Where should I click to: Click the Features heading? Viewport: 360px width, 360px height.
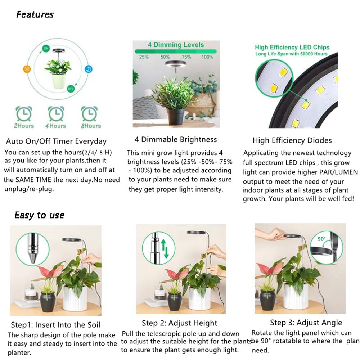point(35,14)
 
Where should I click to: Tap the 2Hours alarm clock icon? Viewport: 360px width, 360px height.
point(24,113)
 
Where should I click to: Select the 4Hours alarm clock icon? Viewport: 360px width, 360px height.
point(55,113)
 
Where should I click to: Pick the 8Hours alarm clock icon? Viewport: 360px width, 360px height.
point(89,113)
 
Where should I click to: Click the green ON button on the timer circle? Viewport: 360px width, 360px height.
point(46,48)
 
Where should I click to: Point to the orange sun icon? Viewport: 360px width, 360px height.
point(27,69)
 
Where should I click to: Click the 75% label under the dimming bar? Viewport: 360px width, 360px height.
point(186,57)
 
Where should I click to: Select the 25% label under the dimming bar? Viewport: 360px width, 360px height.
point(144,57)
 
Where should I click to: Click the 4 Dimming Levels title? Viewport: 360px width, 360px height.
point(176,45)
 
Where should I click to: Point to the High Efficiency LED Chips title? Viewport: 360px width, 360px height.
point(292,47)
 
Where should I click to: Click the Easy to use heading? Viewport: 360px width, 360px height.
point(39,215)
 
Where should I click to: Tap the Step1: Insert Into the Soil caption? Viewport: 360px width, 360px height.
point(55,325)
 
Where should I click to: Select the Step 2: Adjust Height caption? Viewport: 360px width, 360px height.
point(179,323)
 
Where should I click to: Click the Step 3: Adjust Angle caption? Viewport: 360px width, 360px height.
point(306,323)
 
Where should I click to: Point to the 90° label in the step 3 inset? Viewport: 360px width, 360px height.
point(321,238)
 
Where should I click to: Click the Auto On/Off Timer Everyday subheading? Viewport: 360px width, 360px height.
point(56,141)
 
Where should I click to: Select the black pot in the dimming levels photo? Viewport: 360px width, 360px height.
point(176,117)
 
